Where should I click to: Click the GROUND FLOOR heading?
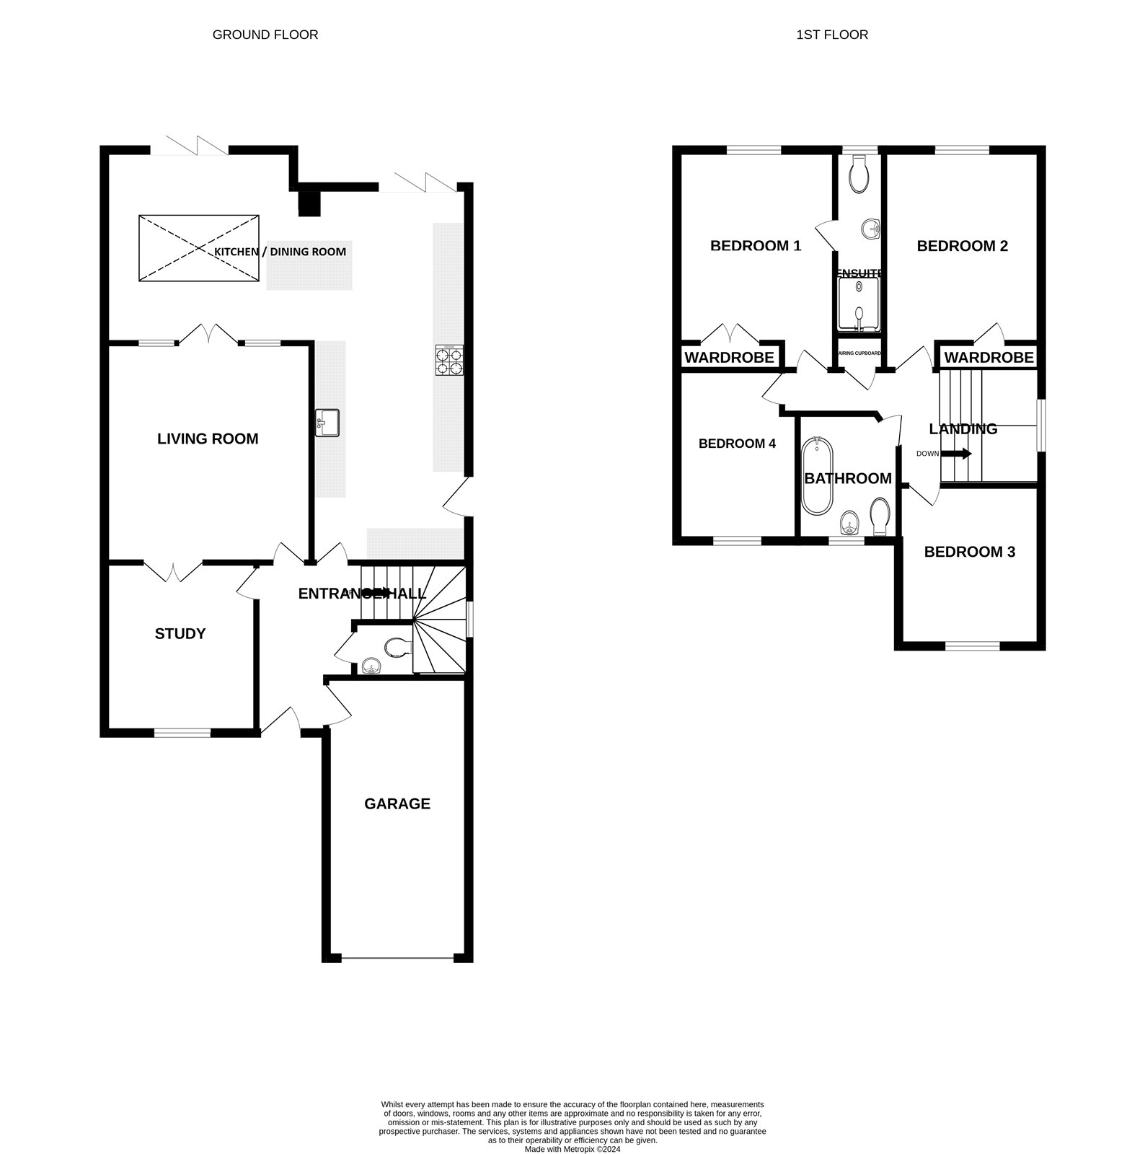click(x=265, y=35)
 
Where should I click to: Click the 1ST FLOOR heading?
click(x=831, y=35)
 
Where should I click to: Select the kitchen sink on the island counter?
click(x=327, y=422)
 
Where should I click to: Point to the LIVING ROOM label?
click(x=208, y=439)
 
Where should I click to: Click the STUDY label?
click(x=180, y=633)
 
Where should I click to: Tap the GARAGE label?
click(x=397, y=803)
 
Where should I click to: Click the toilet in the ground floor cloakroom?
click(x=397, y=646)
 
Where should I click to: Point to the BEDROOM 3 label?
click(x=969, y=552)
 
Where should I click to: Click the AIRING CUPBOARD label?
click(x=859, y=353)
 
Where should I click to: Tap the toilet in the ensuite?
click(x=859, y=175)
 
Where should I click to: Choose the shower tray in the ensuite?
click(x=859, y=304)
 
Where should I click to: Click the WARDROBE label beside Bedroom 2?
click(x=989, y=357)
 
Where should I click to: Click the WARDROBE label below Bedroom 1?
click(x=729, y=357)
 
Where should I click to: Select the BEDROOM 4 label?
click(x=737, y=444)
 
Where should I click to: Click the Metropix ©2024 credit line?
click(x=572, y=1150)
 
